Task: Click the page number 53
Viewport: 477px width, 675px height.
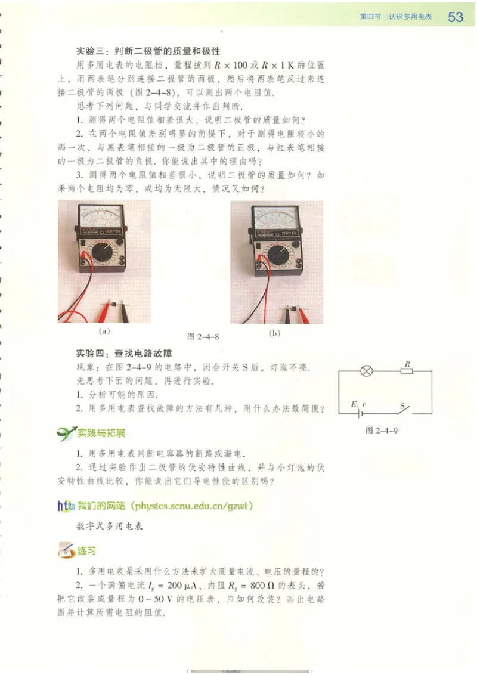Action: click(456, 17)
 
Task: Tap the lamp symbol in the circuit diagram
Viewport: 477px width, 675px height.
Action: click(367, 371)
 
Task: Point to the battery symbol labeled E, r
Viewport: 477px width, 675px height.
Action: click(360, 411)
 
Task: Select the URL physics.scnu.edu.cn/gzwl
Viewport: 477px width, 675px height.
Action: click(195, 507)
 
